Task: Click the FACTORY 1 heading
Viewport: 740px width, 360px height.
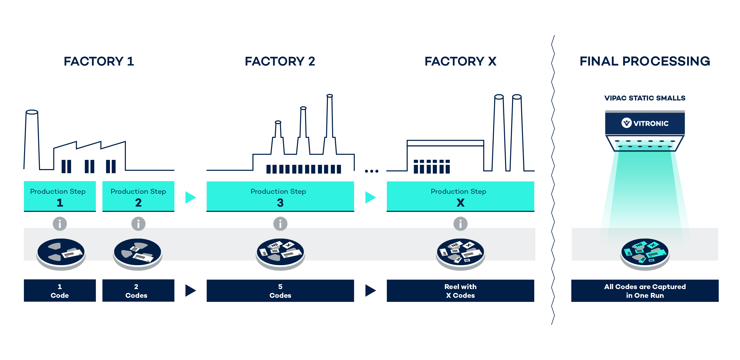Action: click(x=99, y=61)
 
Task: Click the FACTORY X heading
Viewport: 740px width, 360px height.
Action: click(x=460, y=61)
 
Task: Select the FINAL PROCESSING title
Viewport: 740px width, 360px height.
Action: click(x=645, y=61)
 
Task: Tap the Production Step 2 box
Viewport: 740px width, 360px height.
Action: click(x=138, y=197)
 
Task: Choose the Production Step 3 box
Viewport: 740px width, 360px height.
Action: click(x=280, y=197)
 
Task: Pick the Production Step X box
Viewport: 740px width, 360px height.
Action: click(x=460, y=197)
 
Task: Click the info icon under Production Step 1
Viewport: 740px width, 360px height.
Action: click(x=60, y=224)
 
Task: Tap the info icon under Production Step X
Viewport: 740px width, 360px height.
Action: click(x=460, y=224)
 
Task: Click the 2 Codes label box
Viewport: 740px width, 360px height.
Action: click(x=138, y=290)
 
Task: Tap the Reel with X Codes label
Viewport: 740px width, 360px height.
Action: click(x=460, y=290)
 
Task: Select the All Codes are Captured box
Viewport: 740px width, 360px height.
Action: click(x=645, y=290)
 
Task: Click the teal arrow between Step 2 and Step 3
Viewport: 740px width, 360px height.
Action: click(x=190, y=197)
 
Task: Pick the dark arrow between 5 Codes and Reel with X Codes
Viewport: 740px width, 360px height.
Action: click(x=370, y=290)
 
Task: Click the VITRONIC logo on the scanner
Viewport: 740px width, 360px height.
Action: click(x=645, y=123)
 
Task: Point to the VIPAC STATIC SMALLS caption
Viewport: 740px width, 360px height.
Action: click(x=645, y=98)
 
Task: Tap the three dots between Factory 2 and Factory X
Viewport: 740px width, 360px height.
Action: click(x=371, y=171)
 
